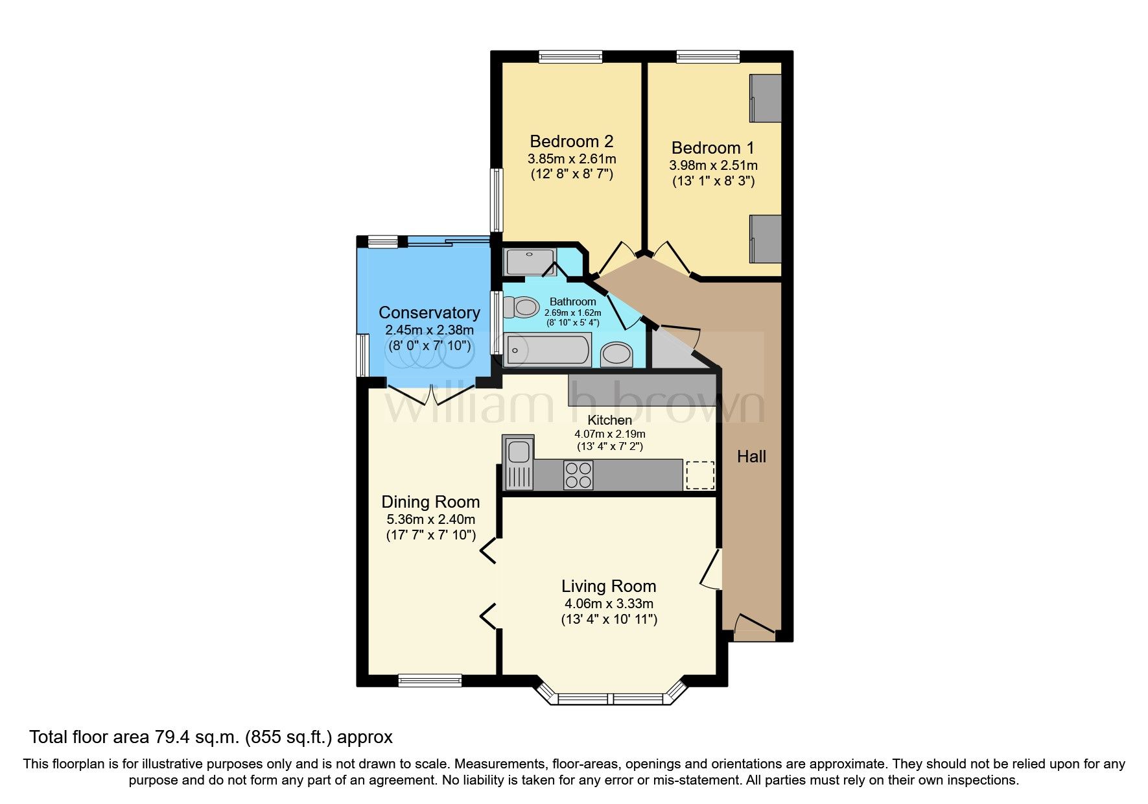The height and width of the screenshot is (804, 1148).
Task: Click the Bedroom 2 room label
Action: tap(571, 141)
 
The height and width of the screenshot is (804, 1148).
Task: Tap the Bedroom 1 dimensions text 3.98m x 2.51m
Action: tap(713, 165)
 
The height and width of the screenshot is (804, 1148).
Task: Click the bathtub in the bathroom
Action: tap(548, 349)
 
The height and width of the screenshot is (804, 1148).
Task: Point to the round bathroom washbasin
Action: tap(616, 354)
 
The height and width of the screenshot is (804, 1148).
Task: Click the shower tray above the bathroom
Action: tap(530, 262)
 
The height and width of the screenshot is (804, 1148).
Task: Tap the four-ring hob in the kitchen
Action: tap(578, 475)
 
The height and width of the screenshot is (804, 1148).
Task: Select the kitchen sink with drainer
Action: tap(519, 463)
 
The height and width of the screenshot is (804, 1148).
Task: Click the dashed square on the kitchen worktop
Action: tap(699, 475)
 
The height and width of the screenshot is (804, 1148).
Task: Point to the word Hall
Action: tap(751, 456)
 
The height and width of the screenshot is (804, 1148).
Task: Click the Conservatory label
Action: tap(429, 313)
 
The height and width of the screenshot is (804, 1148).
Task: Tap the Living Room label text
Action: tap(609, 586)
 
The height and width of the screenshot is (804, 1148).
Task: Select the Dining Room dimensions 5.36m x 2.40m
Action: tap(430, 519)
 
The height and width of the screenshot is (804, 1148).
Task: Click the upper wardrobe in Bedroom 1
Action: tap(766, 98)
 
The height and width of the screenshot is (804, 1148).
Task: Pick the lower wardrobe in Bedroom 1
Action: tap(766, 239)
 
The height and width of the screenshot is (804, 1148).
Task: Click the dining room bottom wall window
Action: tap(430, 680)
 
